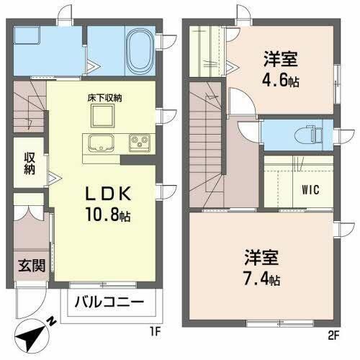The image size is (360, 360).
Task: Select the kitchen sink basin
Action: pyautogui.click(x=99, y=142)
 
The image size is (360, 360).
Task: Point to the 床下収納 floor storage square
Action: pyautogui.click(x=99, y=115)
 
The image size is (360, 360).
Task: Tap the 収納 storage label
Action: pyautogui.click(x=28, y=163)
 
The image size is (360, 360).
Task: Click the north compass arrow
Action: pyautogui.click(x=31, y=336)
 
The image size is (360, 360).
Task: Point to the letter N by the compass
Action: pyautogui.click(x=48, y=323)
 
